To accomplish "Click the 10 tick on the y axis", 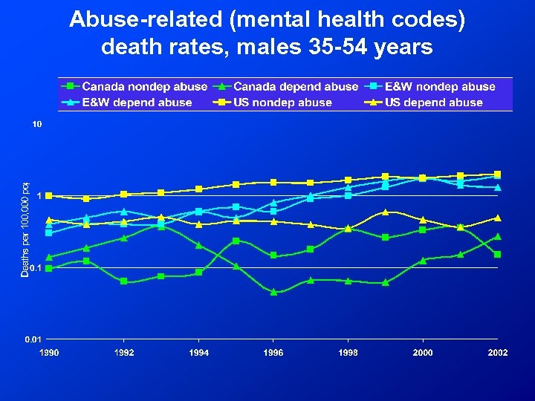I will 36,125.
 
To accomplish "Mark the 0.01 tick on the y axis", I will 33,339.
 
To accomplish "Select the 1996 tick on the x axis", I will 273,352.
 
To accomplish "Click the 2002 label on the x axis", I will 498,352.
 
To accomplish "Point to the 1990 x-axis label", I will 49,352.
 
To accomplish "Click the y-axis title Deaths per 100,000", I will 25,230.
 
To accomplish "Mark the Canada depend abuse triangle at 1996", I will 273,292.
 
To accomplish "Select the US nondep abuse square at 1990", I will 49,196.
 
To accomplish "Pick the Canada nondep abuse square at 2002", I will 498,254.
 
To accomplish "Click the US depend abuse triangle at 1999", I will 386,212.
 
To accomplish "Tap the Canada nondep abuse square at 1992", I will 123,281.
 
